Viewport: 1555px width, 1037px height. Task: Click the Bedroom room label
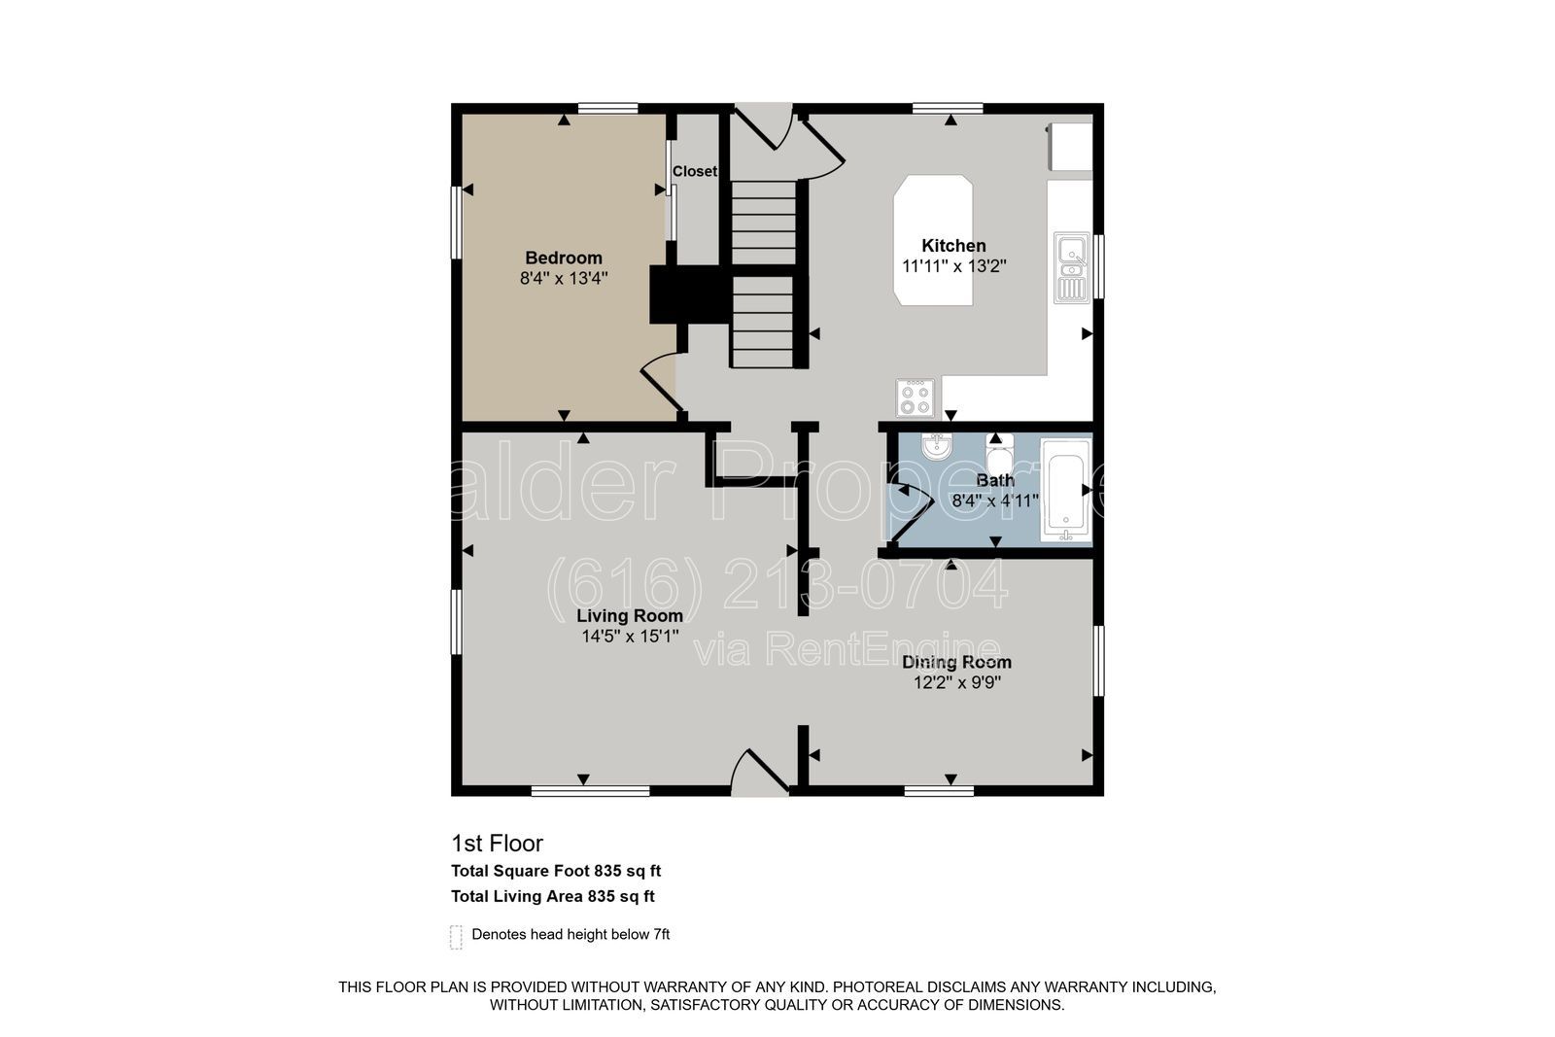[x=564, y=259]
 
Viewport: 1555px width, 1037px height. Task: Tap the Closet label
[x=694, y=171]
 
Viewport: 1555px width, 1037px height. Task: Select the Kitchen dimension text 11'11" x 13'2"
[x=953, y=266]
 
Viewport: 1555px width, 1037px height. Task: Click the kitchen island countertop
[x=933, y=240]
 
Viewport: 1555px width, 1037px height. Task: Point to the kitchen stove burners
[x=915, y=398]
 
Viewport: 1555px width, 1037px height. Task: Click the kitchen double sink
[x=1072, y=268]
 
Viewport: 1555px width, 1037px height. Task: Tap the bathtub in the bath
[x=1065, y=490]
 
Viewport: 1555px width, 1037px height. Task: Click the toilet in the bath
[x=1000, y=452]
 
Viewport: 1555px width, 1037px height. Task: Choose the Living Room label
[x=630, y=615]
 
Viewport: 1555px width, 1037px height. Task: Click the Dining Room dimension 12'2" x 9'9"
[x=956, y=683]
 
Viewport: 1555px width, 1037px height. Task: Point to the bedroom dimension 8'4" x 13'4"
[x=564, y=278]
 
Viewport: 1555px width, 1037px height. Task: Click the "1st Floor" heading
[x=497, y=844]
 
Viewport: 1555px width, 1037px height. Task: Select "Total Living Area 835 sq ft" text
[x=553, y=896]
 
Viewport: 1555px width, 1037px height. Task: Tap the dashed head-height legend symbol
[x=456, y=937]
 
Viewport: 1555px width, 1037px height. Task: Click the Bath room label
[x=995, y=480]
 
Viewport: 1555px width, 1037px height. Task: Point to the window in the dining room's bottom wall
[x=939, y=790]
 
